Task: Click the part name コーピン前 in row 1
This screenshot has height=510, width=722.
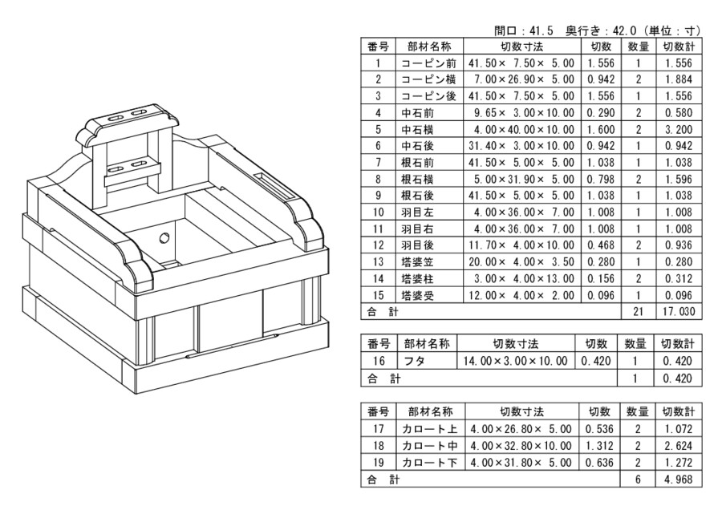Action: pos(429,63)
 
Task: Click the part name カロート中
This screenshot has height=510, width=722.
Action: pos(429,446)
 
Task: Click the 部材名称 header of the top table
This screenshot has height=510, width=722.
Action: pos(429,47)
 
